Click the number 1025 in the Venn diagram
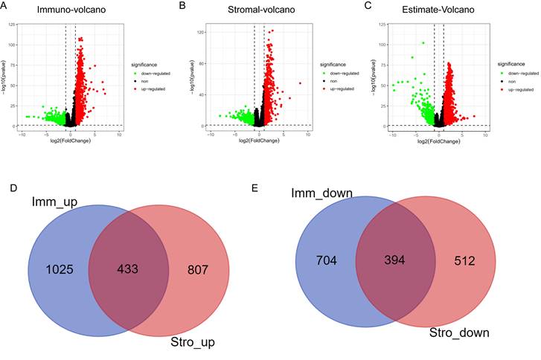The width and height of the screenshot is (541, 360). [x=60, y=269]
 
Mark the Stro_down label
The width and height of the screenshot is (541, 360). [x=459, y=332]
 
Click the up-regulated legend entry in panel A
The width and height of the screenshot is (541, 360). [x=151, y=89]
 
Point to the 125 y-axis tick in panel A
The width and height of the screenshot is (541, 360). [x=14, y=25]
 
